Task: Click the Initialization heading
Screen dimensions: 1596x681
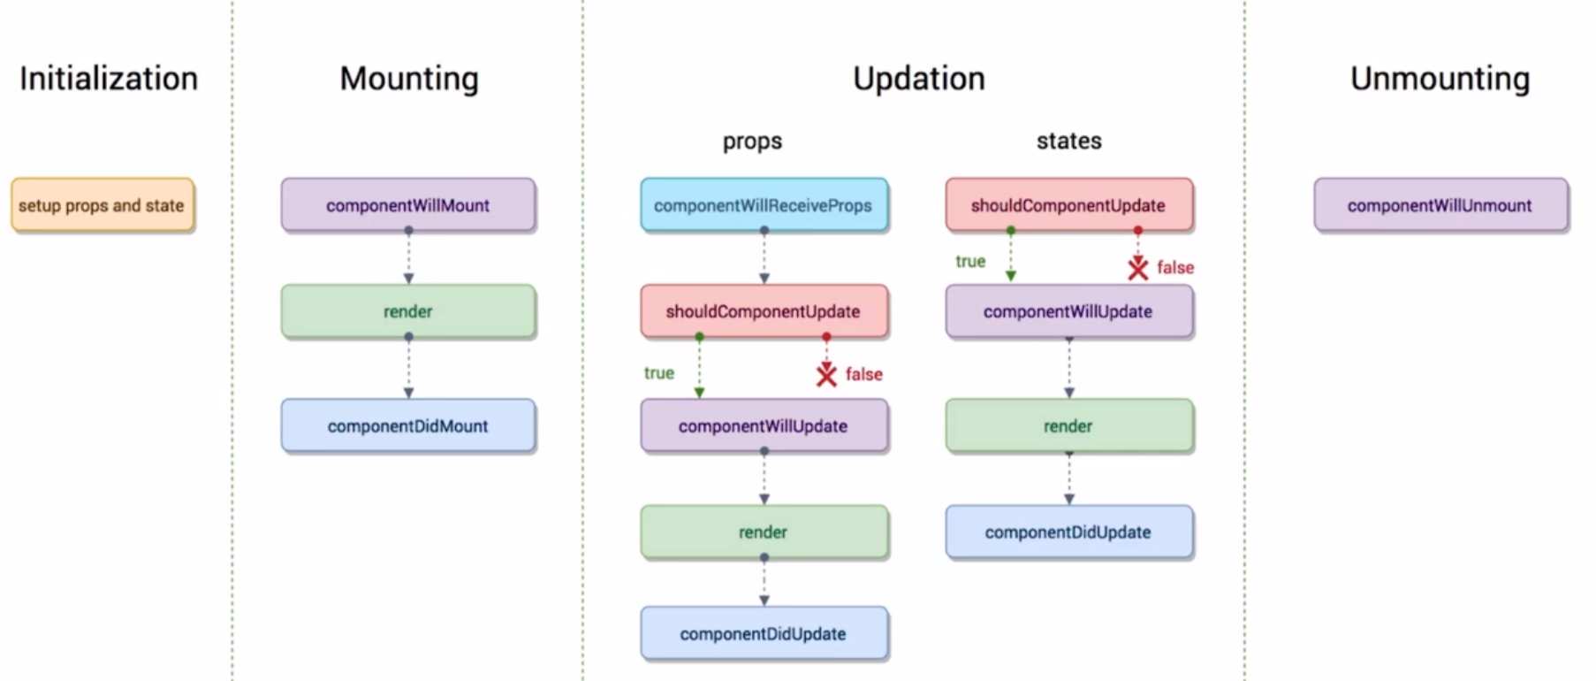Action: pyautogui.click(x=109, y=79)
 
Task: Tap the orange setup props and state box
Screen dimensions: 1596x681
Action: pyautogui.click(x=103, y=205)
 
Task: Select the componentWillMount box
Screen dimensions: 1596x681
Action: pyautogui.click(x=408, y=205)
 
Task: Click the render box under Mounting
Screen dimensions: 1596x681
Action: pyautogui.click(x=408, y=311)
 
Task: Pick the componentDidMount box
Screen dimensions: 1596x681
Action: pyautogui.click(x=408, y=425)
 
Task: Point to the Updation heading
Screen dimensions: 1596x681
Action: pyautogui.click(x=919, y=79)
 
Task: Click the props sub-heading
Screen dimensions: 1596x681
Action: pyautogui.click(x=752, y=142)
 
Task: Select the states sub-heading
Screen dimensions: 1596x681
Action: pyautogui.click(x=1069, y=141)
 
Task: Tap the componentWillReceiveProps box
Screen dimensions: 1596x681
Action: pyautogui.click(x=764, y=205)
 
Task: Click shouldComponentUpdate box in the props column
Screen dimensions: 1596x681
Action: pyautogui.click(x=764, y=311)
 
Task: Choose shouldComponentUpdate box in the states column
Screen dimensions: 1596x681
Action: pyautogui.click(x=1069, y=205)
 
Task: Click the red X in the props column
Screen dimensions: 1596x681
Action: pyautogui.click(x=826, y=375)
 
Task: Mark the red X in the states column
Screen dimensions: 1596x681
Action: pyautogui.click(x=1138, y=268)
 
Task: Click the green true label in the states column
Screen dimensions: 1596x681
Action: pyautogui.click(x=970, y=261)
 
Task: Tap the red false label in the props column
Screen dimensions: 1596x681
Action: pyautogui.click(x=864, y=374)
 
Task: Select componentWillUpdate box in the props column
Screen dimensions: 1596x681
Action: pyautogui.click(x=764, y=425)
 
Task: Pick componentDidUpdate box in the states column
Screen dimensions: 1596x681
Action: pyautogui.click(x=1069, y=532)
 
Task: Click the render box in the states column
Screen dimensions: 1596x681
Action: pyautogui.click(x=1069, y=425)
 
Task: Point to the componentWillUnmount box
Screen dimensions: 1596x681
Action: pyautogui.click(x=1440, y=205)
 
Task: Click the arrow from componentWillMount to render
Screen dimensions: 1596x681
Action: pyautogui.click(x=408, y=256)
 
